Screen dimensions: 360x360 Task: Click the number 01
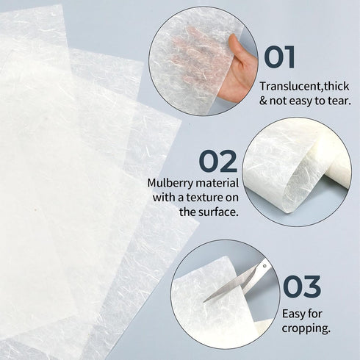279,57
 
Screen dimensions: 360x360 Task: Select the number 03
301,287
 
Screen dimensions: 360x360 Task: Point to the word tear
339,100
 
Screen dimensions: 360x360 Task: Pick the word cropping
306,329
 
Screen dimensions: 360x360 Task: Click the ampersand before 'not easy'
263,100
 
